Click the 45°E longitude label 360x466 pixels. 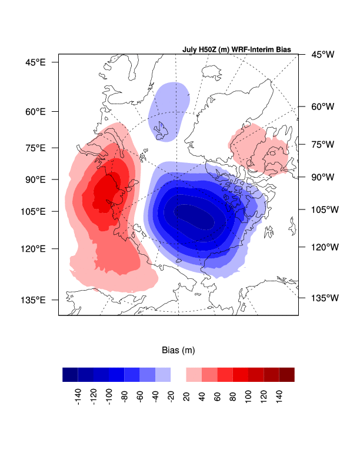tap(36, 62)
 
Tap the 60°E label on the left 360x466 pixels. tap(36, 111)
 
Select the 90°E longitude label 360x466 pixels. tap(36, 179)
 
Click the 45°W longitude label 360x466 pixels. tap(322, 55)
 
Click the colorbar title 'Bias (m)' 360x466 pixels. tap(178, 350)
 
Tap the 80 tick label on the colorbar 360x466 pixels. tap(232, 392)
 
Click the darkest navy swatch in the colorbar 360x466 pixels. tap(70, 375)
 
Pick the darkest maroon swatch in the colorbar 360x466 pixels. tap(286, 375)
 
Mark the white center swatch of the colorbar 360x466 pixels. tap(178, 375)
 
